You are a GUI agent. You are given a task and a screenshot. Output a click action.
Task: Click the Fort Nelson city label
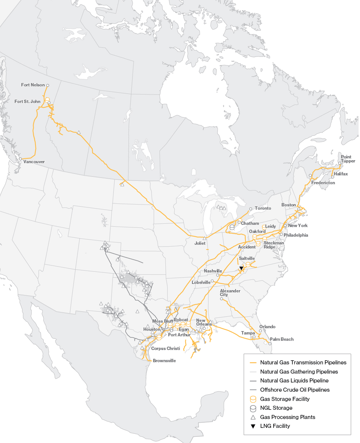(x=33, y=85)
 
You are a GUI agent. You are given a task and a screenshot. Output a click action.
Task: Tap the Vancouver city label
(x=34, y=162)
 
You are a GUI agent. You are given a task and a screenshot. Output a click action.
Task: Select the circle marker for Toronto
(x=251, y=209)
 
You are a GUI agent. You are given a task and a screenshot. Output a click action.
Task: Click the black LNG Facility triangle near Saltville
(x=241, y=268)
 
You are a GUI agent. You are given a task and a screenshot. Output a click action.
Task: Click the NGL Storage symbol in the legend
(x=253, y=408)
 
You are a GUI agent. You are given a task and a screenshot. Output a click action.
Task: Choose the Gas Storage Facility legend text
(x=285, y=399)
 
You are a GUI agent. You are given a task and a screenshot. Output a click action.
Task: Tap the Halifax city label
(x=340, y=174)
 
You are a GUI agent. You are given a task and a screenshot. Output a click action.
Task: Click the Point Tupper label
(x=348, y=159)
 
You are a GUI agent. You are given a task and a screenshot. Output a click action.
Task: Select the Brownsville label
(x=164, y=361)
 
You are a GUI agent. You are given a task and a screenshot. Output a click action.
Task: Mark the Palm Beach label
(x=282, y=339)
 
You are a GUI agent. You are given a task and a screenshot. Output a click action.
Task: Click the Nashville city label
(x=213, y=271)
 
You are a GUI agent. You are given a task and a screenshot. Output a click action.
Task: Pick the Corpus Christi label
(x=165, y=348)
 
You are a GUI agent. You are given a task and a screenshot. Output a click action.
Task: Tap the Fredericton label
(x=323, y=183)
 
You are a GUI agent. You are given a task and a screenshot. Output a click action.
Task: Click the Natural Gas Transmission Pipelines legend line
(x=253, y=363)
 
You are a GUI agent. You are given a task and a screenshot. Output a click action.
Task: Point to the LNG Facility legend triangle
(x=253, y=426)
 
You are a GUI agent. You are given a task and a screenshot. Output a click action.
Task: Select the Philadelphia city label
(x=296, y=235)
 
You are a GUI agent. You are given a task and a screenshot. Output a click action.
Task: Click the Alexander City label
(x=230, y=293)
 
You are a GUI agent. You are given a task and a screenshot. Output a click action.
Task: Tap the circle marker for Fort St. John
(x=49, y=103)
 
